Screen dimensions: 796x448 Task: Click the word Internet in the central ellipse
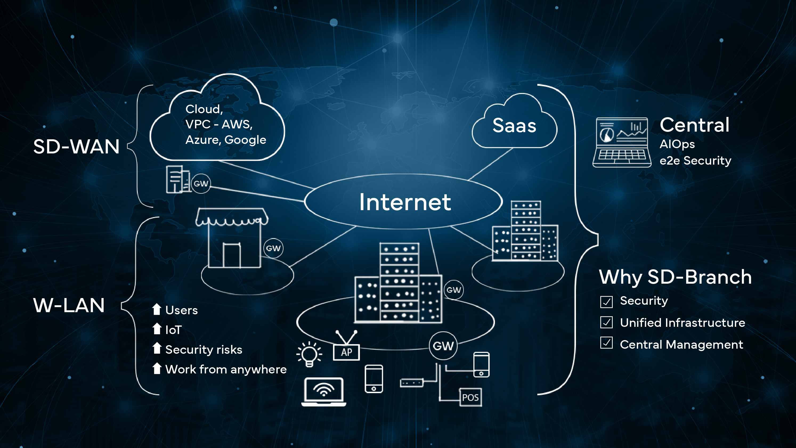tap(405, 202)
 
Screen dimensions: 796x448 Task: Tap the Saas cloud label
tap(514, 125)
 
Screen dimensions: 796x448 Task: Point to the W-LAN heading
tap(69, 305)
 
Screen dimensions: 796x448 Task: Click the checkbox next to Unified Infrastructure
tap(606, 322)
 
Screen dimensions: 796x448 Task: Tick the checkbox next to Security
tap(606, 302)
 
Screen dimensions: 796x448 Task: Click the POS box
tap(470, 397)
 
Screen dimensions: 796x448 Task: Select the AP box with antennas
tap(346, 352)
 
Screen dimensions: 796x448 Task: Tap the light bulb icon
tap(309, 354)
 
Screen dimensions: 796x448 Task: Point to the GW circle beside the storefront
tap(273, 248)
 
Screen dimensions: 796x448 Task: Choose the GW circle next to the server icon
tap(201, 184)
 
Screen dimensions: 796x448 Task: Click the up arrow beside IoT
tap(157, 329)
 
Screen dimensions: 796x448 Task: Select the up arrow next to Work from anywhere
tap(157, 368)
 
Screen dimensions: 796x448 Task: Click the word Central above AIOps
tap(694, 125)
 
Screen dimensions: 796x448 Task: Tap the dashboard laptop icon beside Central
tap(622, 142)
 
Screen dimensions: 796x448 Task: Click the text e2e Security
tap(695, 161)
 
